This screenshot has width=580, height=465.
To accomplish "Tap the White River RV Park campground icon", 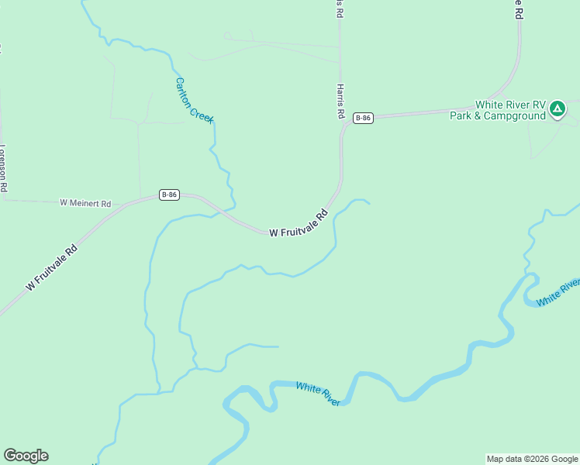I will coord(558,109).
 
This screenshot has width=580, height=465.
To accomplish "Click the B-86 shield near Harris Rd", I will coord(363,118).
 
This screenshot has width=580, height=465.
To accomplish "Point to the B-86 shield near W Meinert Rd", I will coord(170,195).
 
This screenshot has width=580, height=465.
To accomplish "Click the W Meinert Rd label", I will coord(85,203).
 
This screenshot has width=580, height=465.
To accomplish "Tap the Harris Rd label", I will coord(340,102).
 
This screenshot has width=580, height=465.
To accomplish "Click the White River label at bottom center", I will coord(319,394).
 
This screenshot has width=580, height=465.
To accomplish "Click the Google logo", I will coord(26,456).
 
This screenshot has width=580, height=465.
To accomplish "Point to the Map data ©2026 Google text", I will coord(532,459).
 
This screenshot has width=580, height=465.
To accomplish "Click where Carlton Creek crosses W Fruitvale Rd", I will coord(227,211).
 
